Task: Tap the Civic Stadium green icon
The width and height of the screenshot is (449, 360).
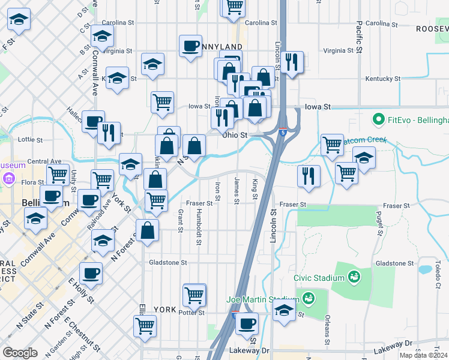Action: point(354,277)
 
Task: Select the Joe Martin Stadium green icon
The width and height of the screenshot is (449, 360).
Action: point(309,298)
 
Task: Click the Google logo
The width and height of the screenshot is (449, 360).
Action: point(20,352)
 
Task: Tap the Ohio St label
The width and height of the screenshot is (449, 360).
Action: point(235,135)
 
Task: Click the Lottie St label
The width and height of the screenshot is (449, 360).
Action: point(31,140)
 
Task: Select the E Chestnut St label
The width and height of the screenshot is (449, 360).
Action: point(76,334)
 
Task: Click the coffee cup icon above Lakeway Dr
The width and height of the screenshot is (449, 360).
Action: point(246,323)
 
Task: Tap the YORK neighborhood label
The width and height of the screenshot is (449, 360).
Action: point(164,310)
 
